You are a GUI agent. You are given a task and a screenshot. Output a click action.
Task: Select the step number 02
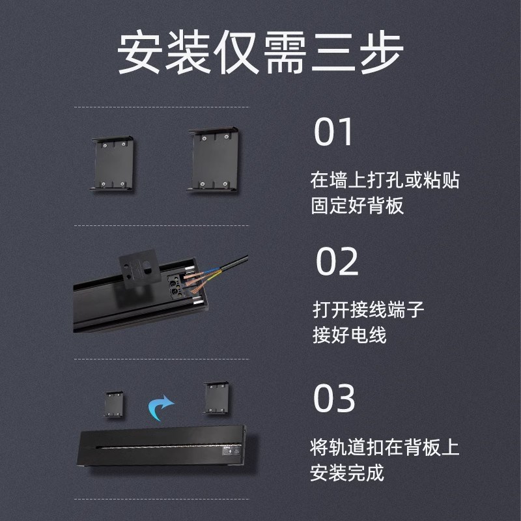(x=337, y=261)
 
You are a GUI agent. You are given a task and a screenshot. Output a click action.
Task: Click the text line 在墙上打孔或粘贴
(x=385, y=180)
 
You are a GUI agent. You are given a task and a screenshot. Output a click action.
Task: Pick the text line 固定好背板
(x=358, y=206)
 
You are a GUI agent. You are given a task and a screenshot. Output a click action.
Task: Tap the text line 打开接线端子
(x=368, y=309)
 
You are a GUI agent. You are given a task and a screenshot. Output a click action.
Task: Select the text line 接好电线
(x=350, y=335)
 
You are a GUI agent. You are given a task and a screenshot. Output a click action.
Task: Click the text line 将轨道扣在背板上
(x=385, y=447)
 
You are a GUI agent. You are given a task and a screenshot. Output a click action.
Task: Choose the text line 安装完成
(x=348, y=472)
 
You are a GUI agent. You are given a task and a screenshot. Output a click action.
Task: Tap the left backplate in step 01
(x=113, y=163)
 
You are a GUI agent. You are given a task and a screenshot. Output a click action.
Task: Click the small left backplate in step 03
(x=114, y=404)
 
